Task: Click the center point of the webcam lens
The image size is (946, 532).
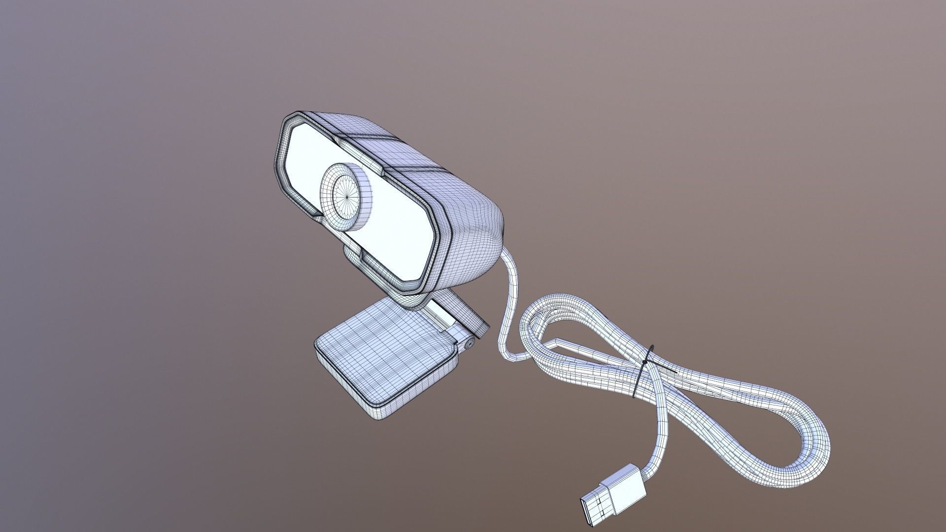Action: (346, 195)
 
